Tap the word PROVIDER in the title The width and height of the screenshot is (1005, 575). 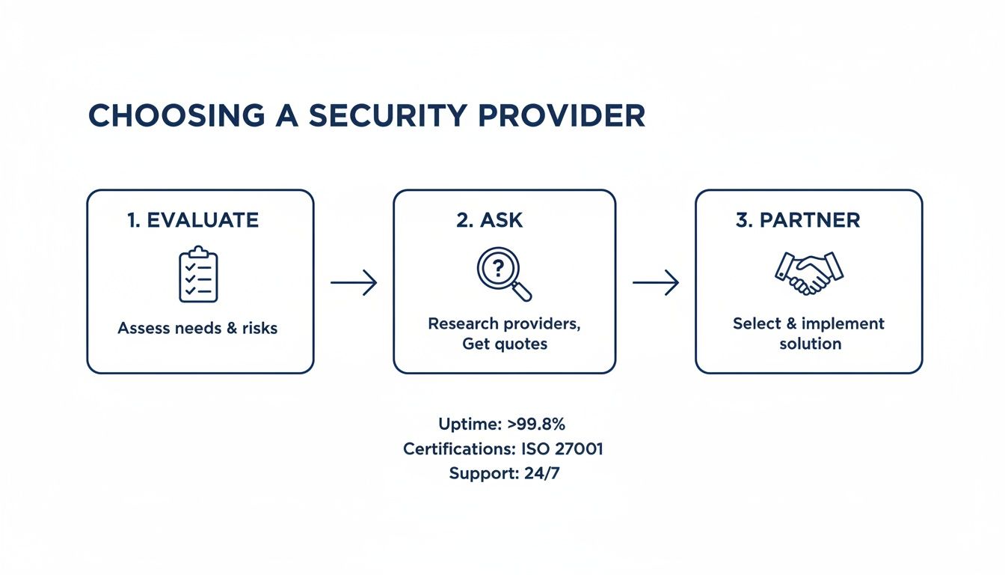[561, 116]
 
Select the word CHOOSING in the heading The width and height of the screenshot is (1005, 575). [176, 116]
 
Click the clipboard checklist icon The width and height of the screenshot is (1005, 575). [198, 274]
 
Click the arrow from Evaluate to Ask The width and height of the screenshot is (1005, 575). [354, 282]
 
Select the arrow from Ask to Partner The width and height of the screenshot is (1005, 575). [656, 282]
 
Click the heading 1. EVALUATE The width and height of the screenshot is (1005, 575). [193, 220]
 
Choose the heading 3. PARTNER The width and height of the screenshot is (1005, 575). [798, 220]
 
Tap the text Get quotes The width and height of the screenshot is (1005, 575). [504, 344]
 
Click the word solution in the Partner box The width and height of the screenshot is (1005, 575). [810, 344]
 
